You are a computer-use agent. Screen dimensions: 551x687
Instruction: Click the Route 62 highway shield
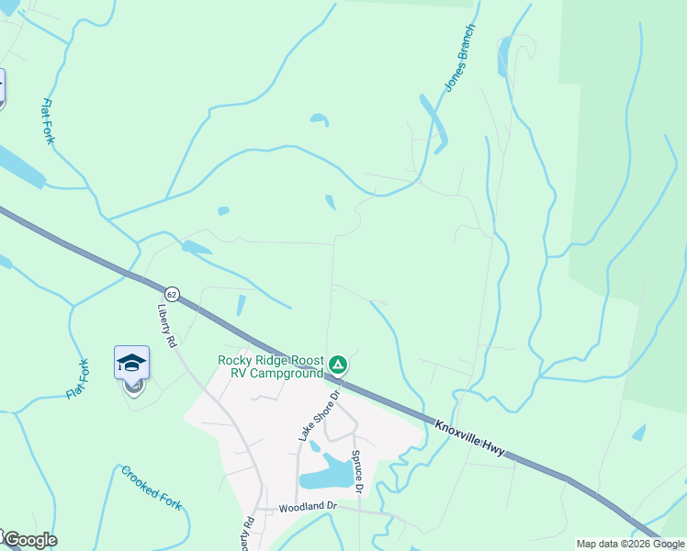(173, 294)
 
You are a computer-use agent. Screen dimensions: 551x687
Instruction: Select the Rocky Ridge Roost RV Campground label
(271, 366)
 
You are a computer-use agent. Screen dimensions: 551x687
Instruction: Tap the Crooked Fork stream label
(152, 488)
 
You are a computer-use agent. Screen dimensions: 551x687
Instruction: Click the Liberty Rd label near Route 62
(167, 325)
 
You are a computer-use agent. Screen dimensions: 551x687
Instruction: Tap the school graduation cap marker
(131, 363)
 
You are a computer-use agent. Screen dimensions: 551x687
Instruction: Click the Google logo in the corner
(30, 540)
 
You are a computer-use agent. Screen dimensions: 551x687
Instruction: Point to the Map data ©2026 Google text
(630, 544)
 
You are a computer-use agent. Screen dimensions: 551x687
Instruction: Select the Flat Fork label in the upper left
(48, 121)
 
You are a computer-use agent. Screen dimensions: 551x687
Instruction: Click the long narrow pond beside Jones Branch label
(434, 122)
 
